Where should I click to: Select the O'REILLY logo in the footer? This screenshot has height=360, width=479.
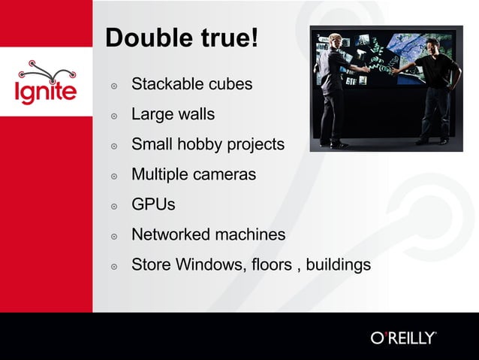tap(403, 337)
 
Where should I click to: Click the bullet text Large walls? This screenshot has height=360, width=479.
tap(173, 114)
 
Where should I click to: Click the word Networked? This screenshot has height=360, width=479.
tap(170, 234)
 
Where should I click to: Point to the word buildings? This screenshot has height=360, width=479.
tap(337, 265)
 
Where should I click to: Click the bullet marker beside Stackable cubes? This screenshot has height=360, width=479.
tap(114, 86)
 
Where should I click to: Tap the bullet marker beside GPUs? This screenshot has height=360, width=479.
tap(114, 206)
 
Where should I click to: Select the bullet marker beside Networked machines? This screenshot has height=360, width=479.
tap(114, 236)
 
